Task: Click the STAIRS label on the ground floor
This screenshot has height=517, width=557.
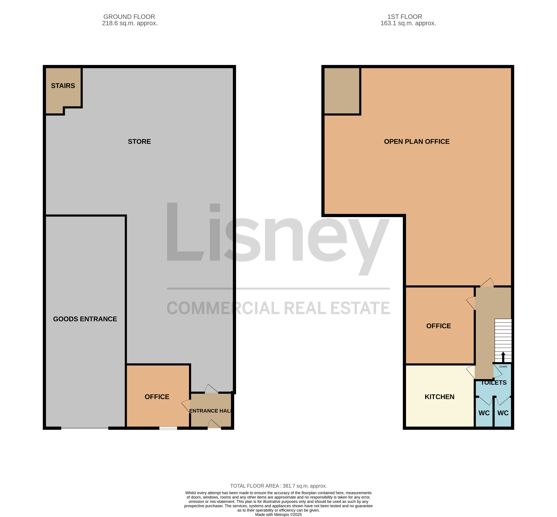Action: coord(63,86)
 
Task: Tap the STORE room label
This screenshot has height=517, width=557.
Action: coord(139,142)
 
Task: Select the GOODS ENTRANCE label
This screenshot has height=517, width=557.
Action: coord(85,319)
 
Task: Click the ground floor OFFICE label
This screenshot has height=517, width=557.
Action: coord(157,397)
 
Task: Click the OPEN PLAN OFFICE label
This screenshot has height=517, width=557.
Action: coord(417,142)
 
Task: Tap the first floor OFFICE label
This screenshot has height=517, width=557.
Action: coord(439,326)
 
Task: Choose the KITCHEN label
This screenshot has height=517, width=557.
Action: coord(439,397)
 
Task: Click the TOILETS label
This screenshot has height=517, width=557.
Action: coord(494,383)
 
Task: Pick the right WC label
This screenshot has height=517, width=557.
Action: coord(503,413)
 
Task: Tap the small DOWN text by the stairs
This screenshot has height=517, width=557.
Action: coord(503,366)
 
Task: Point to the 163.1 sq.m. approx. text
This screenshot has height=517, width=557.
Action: coord(408,23)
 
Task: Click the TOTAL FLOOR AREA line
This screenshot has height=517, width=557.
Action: coord(279,486)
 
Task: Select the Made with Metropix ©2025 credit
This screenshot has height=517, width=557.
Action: coord(279,514)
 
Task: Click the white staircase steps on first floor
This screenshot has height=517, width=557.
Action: coord(503,341)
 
